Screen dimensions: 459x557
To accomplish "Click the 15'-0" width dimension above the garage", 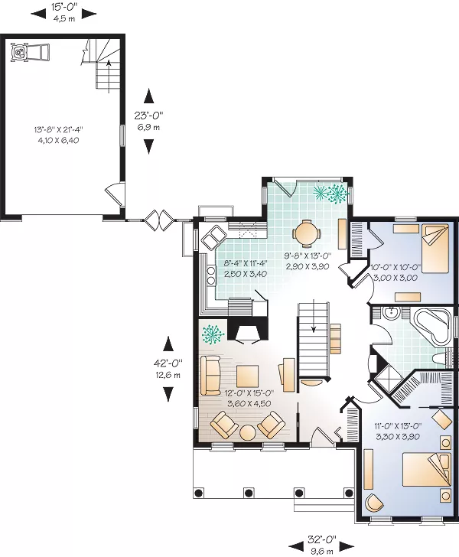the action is [x=64, y=6].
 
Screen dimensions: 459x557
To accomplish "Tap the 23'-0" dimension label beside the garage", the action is [x=148, y=115].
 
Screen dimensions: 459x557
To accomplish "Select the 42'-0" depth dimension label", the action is [x=168, y=363].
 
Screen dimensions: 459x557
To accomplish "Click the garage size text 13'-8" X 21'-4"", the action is [x=59, y=129].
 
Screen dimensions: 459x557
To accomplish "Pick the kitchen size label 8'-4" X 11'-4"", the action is [x=246, y=263].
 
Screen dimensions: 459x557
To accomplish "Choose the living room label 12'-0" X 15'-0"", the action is [x=249, y=393].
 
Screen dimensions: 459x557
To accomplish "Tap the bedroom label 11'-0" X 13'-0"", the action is [x=398, y=425].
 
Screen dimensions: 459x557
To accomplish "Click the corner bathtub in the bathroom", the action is [x=433, y=327].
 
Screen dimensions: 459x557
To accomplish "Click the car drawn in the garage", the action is [x=30, y=53].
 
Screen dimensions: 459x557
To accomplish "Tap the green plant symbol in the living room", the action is [x=212, y=334].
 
